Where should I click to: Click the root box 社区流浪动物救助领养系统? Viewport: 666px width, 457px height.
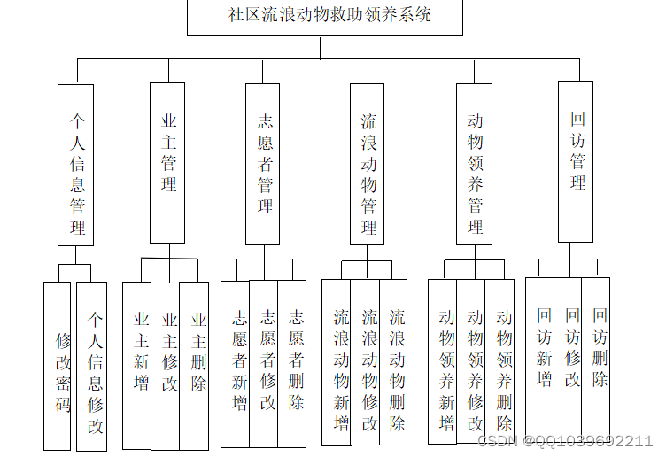pyautogui.click(x=324, y=16)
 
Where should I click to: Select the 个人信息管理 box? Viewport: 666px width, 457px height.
pyautogui.click(x=76, y=165)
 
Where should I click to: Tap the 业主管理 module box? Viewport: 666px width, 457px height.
pyautogui.click(x=167, y=163)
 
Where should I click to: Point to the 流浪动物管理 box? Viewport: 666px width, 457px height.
pyautogui.click(x=367, y=164)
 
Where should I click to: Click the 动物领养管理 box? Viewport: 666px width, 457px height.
pyautogui.click(x=474, y=164)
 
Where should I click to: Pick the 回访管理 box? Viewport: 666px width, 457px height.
pyautogui.click(x=576, y=162)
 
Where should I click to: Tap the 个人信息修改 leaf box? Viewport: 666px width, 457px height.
pyautogui.click(x=92, y=365)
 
